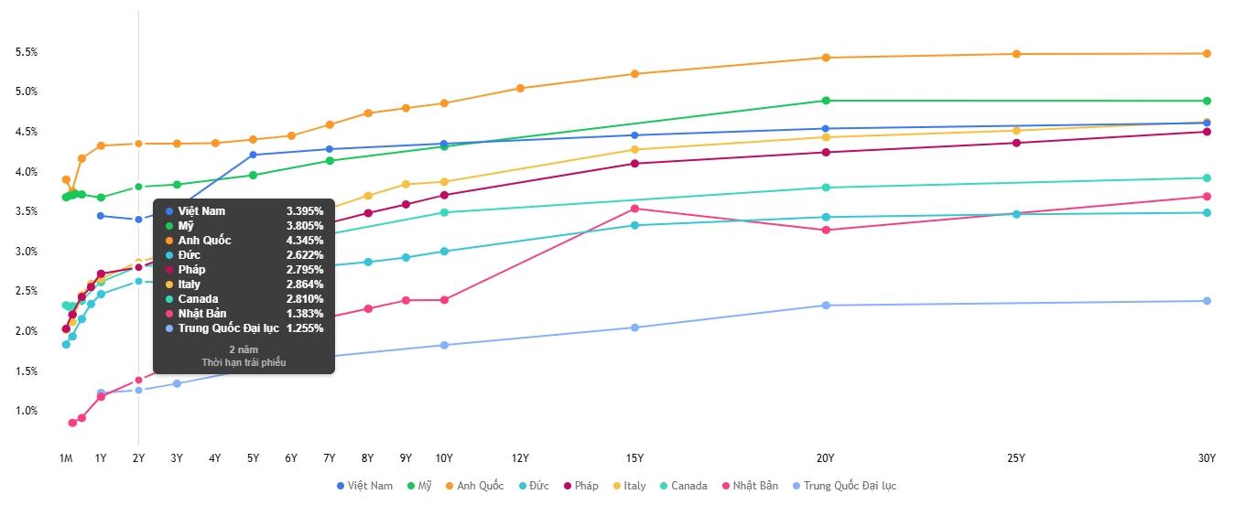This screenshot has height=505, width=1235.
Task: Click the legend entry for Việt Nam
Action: point(365,486)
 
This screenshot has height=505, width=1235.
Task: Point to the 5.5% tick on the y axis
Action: point(27,52)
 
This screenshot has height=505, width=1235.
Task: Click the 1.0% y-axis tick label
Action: point(27,411)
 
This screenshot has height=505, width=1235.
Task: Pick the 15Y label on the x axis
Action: point(634,458)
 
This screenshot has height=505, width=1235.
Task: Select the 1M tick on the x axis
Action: point(66,458)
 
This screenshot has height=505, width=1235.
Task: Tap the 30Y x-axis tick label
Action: point(1207,458)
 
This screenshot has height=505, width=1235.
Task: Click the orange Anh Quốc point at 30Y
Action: point(1207,53)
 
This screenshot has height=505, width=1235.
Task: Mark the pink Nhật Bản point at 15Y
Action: point(634,209)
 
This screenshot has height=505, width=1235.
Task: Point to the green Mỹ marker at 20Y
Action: point(826,101)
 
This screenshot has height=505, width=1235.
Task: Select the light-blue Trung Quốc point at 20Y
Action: point(826,306)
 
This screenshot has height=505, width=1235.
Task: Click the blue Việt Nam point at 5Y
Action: point(253,155)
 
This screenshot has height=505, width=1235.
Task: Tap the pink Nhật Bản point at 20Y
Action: point(826,230)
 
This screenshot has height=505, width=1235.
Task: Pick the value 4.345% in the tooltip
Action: point(304,241)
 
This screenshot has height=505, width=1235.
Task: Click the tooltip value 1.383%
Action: point(304,314)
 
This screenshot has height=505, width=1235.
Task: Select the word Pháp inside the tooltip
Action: point(192,270)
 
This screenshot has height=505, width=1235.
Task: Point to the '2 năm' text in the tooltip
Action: point(244,349)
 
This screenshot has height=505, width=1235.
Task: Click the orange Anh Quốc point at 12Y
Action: point(520,88)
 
